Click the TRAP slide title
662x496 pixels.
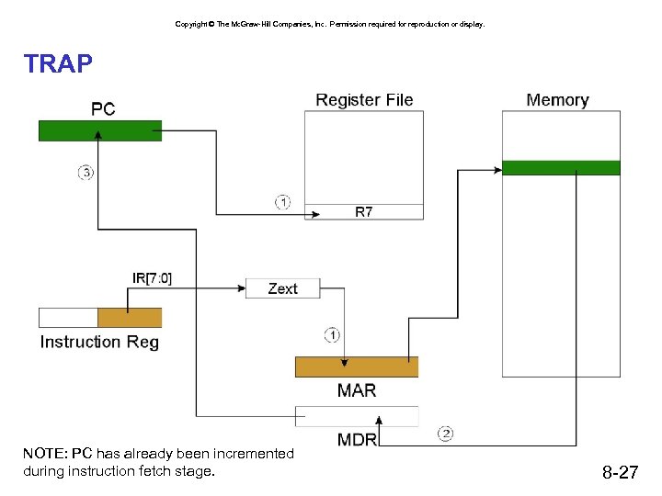(x=58, y=63)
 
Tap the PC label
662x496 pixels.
(x=103, y=109)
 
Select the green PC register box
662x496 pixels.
(x=99, y=130)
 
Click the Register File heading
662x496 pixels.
(x=364, y=100)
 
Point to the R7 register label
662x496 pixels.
(x=364, y=212)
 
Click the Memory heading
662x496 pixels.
(x=557, y=100)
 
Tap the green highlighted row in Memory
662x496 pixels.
(x=561, y=167)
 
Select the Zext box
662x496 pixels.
(x=282, y=288)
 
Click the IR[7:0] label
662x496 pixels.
(x=152, y=277)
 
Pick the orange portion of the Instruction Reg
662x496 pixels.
(x=130, y=318)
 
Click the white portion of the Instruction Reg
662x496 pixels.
(x=68, y=318)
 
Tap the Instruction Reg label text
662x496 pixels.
(x=99, y=342)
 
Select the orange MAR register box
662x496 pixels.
(x=356, y=366)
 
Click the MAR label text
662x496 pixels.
(x=356, y=390)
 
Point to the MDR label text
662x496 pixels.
(x=357, y=439)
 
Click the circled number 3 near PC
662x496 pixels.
(x=86, y=172)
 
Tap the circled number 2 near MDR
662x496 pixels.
(x=446, y=433)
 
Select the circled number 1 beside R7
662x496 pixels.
(x=282, y=202)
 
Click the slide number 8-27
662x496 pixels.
(x=620, y=473)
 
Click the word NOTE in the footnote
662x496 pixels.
(x=44, y=454)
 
